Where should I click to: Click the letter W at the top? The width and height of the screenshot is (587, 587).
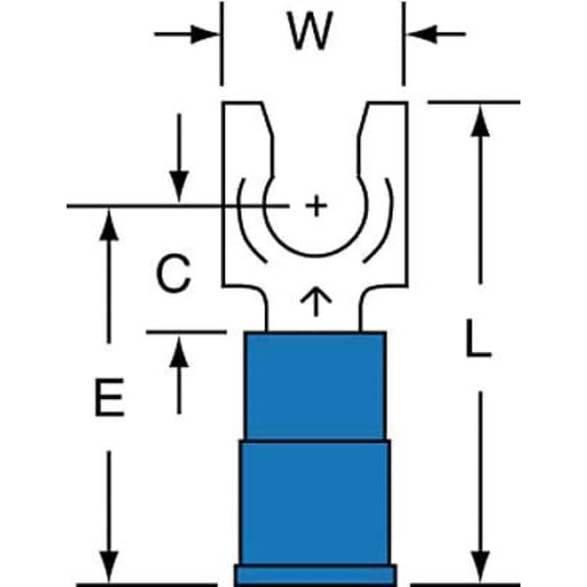(x=312, y=35)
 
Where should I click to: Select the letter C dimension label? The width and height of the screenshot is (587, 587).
(x=173, y=275)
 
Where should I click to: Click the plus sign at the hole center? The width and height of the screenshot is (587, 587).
(x=314, y=205)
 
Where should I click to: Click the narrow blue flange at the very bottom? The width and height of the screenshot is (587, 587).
(x=314, y=574)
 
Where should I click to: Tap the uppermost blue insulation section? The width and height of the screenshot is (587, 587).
(x=312, y=386)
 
